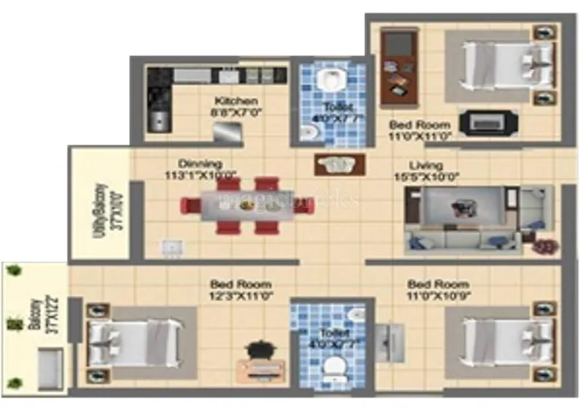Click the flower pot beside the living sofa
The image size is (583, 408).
[543, 248]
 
